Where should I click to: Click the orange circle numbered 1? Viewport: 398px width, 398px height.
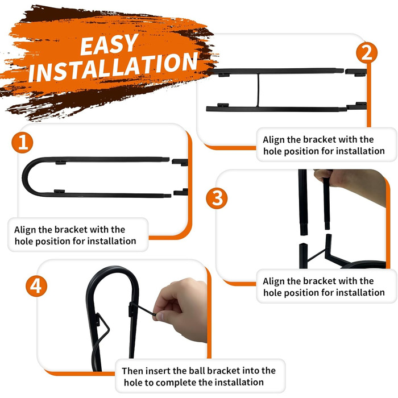point(22,142)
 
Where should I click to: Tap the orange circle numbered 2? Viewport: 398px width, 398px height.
point(367,52)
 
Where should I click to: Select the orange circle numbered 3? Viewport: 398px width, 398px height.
point(217,198)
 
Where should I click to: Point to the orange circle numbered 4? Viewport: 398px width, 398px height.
point(36,286)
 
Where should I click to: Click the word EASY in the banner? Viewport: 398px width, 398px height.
point(109,44)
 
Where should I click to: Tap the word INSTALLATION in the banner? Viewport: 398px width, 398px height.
point(113,67)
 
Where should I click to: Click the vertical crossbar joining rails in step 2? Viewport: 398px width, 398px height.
point(258,90)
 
